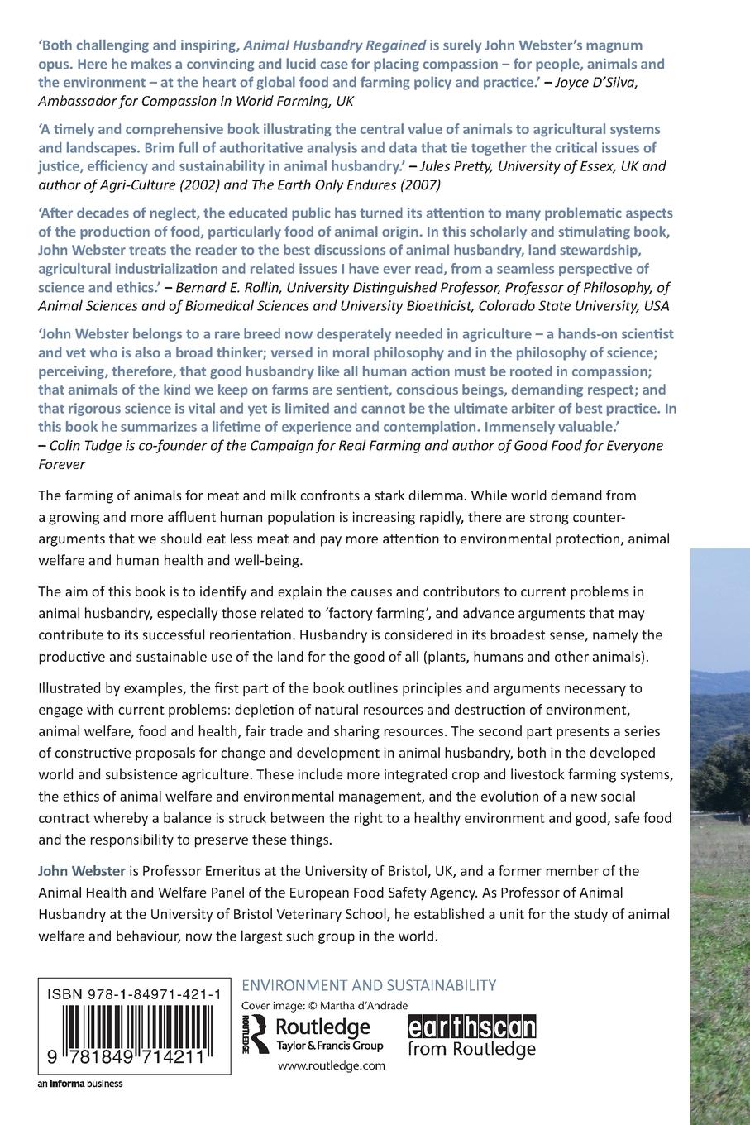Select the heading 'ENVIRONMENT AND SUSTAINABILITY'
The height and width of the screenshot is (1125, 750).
(x=368, y=985)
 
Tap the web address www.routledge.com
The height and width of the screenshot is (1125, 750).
(x=331, y=1065)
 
